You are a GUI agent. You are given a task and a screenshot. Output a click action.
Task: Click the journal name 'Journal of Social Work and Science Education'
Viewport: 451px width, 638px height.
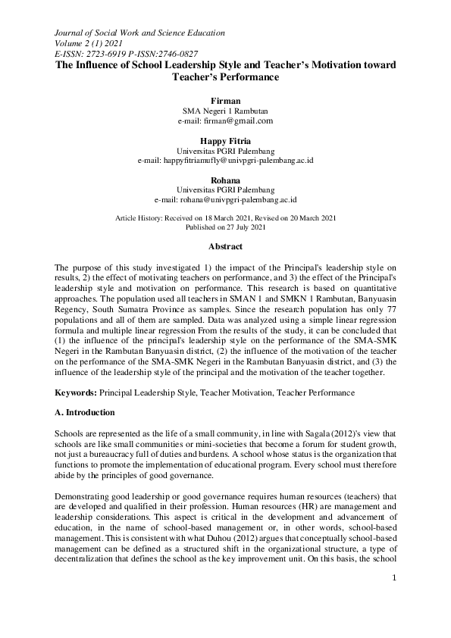[139, 33]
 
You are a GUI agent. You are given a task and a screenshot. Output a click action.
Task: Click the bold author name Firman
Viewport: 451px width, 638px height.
[225, 100]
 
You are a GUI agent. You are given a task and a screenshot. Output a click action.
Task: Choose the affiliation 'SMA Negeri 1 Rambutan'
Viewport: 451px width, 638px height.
[225, 111]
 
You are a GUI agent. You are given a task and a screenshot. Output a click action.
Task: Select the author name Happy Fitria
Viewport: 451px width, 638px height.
[225, 141]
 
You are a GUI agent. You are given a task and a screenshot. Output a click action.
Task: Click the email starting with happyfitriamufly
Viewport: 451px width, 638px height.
[225, 161]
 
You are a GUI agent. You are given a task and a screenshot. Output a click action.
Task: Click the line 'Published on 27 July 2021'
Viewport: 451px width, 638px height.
[225, 227]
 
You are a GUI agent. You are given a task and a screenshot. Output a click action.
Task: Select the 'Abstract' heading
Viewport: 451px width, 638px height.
[225, 247]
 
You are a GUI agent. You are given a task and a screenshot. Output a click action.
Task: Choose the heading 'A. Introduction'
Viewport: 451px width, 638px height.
[84, 412]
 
